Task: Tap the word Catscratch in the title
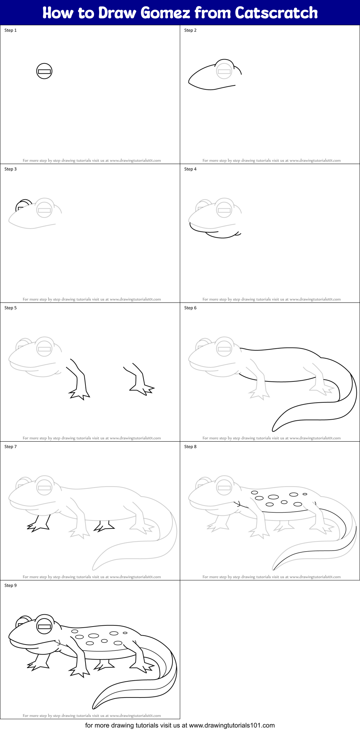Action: [x=276, y=13]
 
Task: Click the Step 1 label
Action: [x=10, y=30]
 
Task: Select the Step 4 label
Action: [x=190, y=169]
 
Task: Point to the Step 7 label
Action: [x=10, y=447]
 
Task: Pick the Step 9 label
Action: [x=10, y=585]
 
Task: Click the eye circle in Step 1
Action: [x=44, y=71]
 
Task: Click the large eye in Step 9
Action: [x=44, y=627]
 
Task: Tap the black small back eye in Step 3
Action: [x=22, y=205]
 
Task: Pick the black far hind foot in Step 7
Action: [x=103, y=527]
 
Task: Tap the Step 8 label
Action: [x=190, y=447]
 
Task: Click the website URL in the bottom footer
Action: [x=232, y=725]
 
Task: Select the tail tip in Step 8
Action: [x=274, y=568]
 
